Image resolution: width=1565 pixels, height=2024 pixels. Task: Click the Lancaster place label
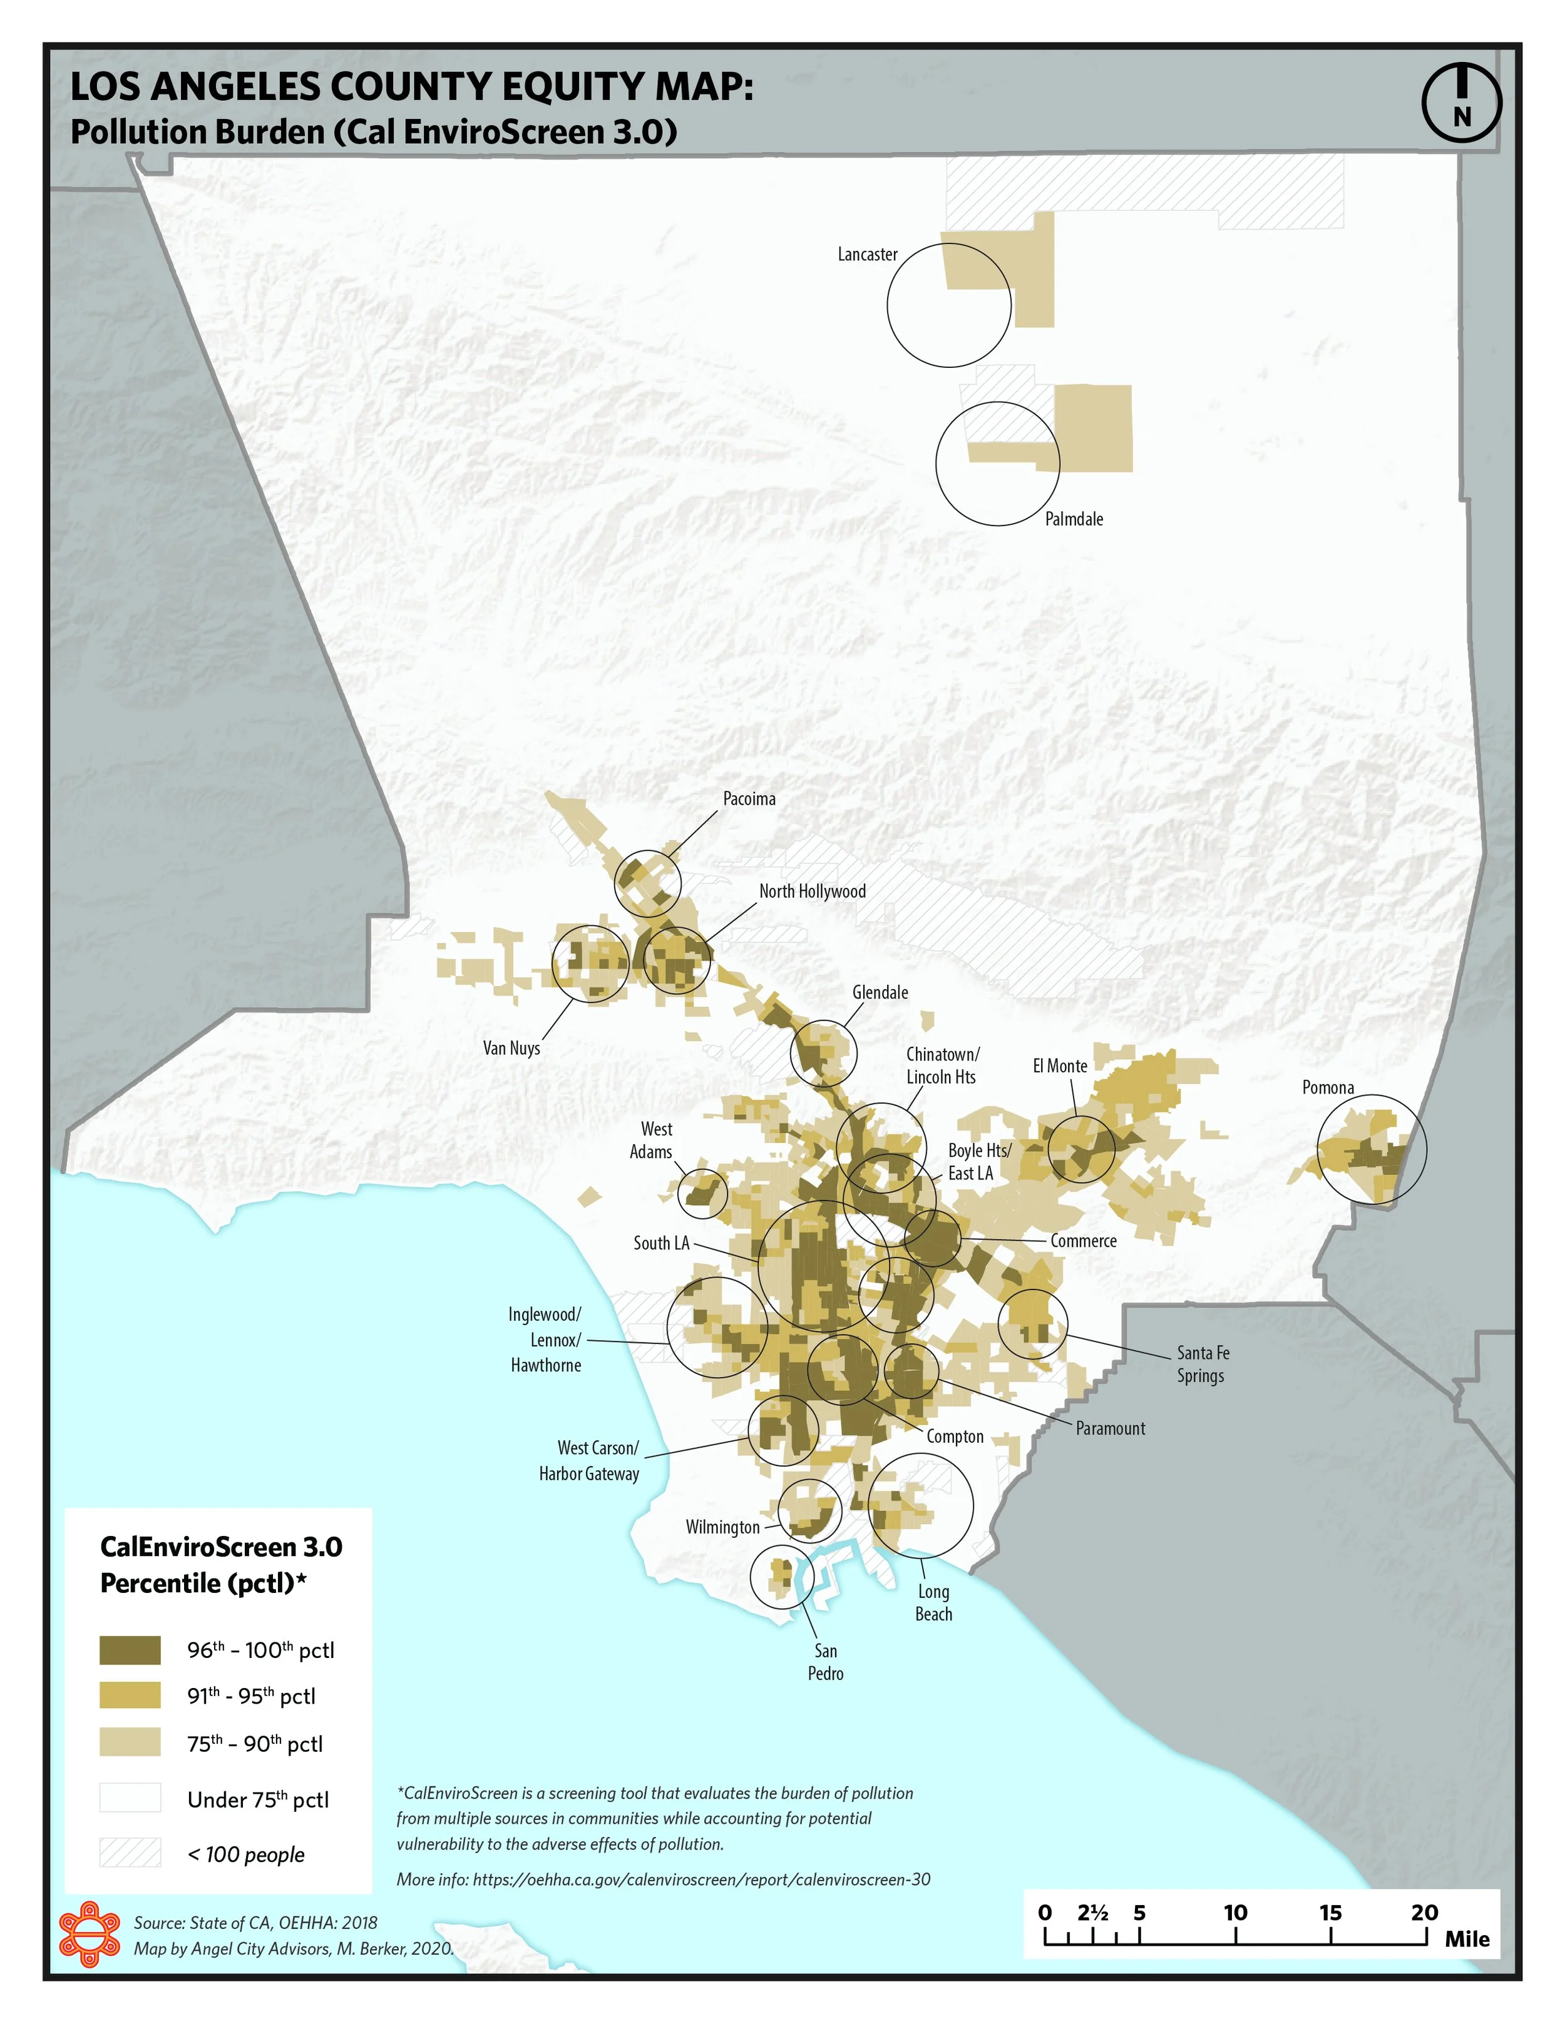click(x=867, y=254)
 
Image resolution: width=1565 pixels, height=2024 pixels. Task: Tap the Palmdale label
click(x=1074, y=519)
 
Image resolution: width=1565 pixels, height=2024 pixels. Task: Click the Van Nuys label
click(x=511, y=1048)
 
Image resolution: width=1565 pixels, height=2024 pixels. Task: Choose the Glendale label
click(x=880, y=992)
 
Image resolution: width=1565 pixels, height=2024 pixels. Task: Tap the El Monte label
click(x=1060, y=1065)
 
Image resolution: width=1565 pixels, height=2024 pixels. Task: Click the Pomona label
click(x=1328, y=1087)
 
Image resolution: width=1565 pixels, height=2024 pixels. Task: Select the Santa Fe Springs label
click(x=1203, y=1364)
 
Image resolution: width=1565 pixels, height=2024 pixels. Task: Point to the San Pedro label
click(x=825, y=1662)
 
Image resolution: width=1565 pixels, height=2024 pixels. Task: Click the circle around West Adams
click(x=703, y=1193)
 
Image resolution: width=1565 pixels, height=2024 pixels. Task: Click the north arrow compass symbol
click(x=1461, y=102)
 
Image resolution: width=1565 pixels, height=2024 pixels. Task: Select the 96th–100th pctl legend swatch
click(x=130, y=1650)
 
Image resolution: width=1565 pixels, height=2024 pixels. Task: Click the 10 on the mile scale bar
click(x=1235, y=1913)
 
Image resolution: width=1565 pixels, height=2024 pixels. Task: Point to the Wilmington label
click(x=722, y=1527)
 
